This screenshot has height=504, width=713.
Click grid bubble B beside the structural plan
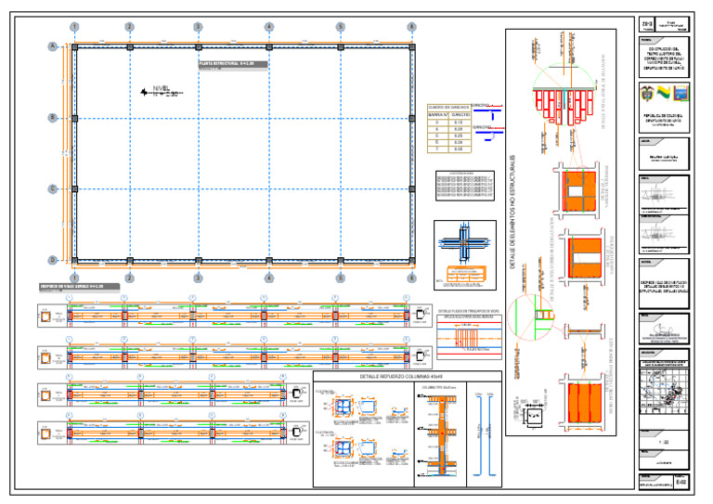coord(53,117)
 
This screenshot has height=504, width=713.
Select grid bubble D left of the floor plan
coord(53,259)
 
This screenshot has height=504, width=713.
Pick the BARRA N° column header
coord(436,115)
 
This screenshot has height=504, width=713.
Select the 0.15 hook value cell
coord(458,122)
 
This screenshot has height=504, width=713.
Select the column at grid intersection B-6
coord(411,117)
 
